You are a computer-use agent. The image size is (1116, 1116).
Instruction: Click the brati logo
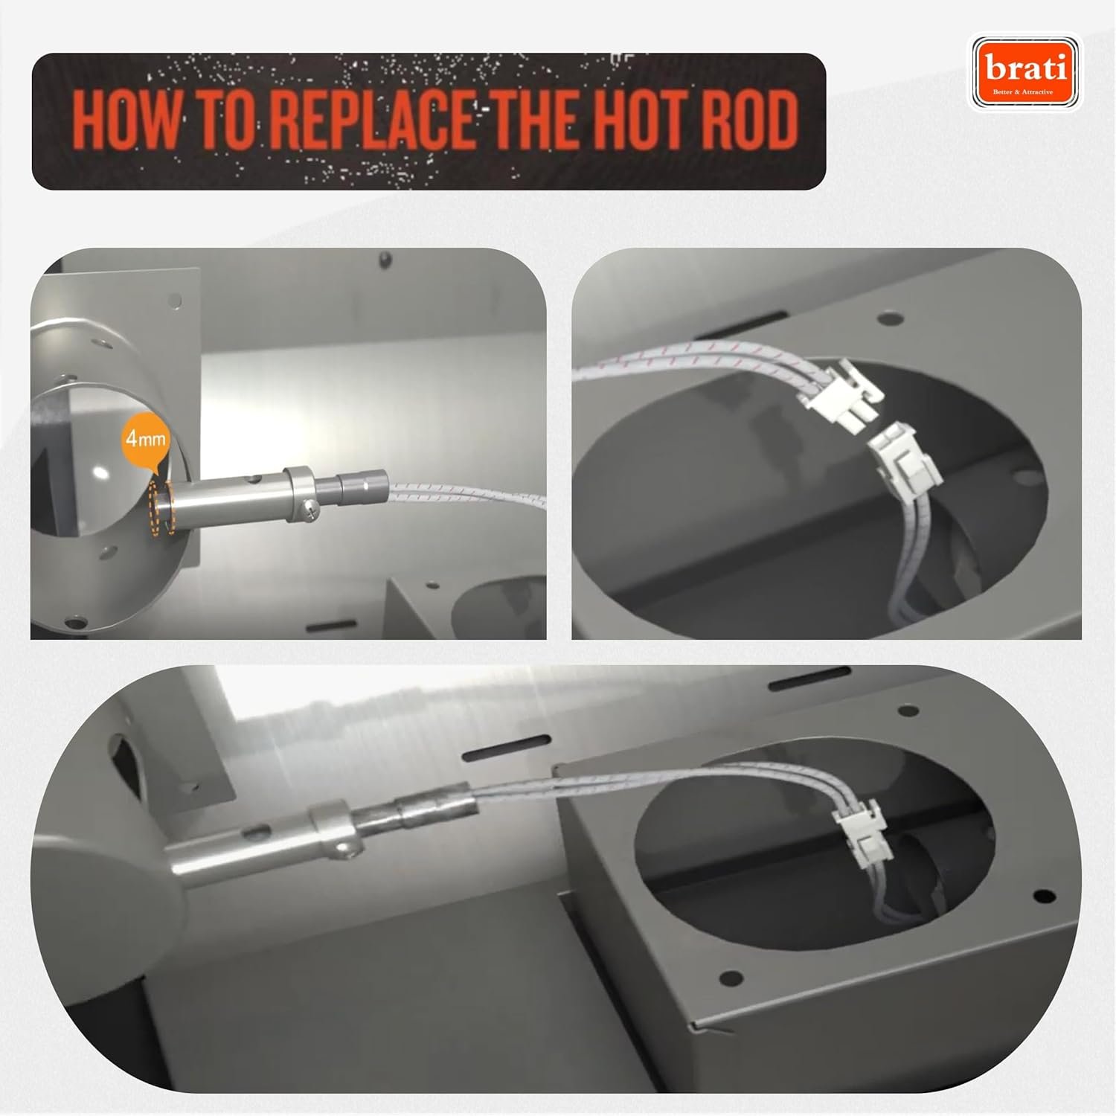(1027, 73)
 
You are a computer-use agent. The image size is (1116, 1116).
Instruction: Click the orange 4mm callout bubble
(146, 440)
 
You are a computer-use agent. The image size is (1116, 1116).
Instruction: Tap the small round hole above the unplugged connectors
(885, 318)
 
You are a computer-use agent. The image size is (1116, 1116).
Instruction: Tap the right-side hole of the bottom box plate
(1043, 893)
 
